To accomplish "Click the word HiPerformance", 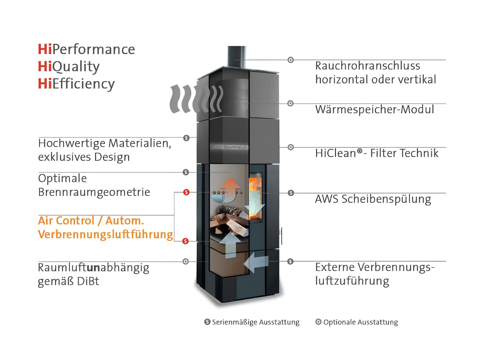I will (86, 49).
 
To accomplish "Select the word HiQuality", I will (69, 67).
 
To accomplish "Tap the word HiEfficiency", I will (76, 84).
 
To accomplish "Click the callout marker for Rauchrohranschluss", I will (291, 60).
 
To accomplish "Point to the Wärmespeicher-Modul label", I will (374, 110).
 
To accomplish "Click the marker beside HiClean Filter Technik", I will (291, 147).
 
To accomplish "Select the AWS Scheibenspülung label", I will (373, 199).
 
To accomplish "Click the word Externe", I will (335, 267).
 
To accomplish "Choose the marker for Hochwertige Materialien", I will (186, 138).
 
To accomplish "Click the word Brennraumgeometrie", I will (94, 192).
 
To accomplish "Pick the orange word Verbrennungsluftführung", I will (105, 235).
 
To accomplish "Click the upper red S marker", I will (186, 192).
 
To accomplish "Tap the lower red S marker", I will (185, 241).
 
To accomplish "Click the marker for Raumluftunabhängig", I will (186, 261).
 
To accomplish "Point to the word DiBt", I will (88, 281).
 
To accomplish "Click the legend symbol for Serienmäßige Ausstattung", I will (207, 322).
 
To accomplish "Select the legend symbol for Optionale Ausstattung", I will (318, 322).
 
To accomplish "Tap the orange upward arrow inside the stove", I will (231, 187).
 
